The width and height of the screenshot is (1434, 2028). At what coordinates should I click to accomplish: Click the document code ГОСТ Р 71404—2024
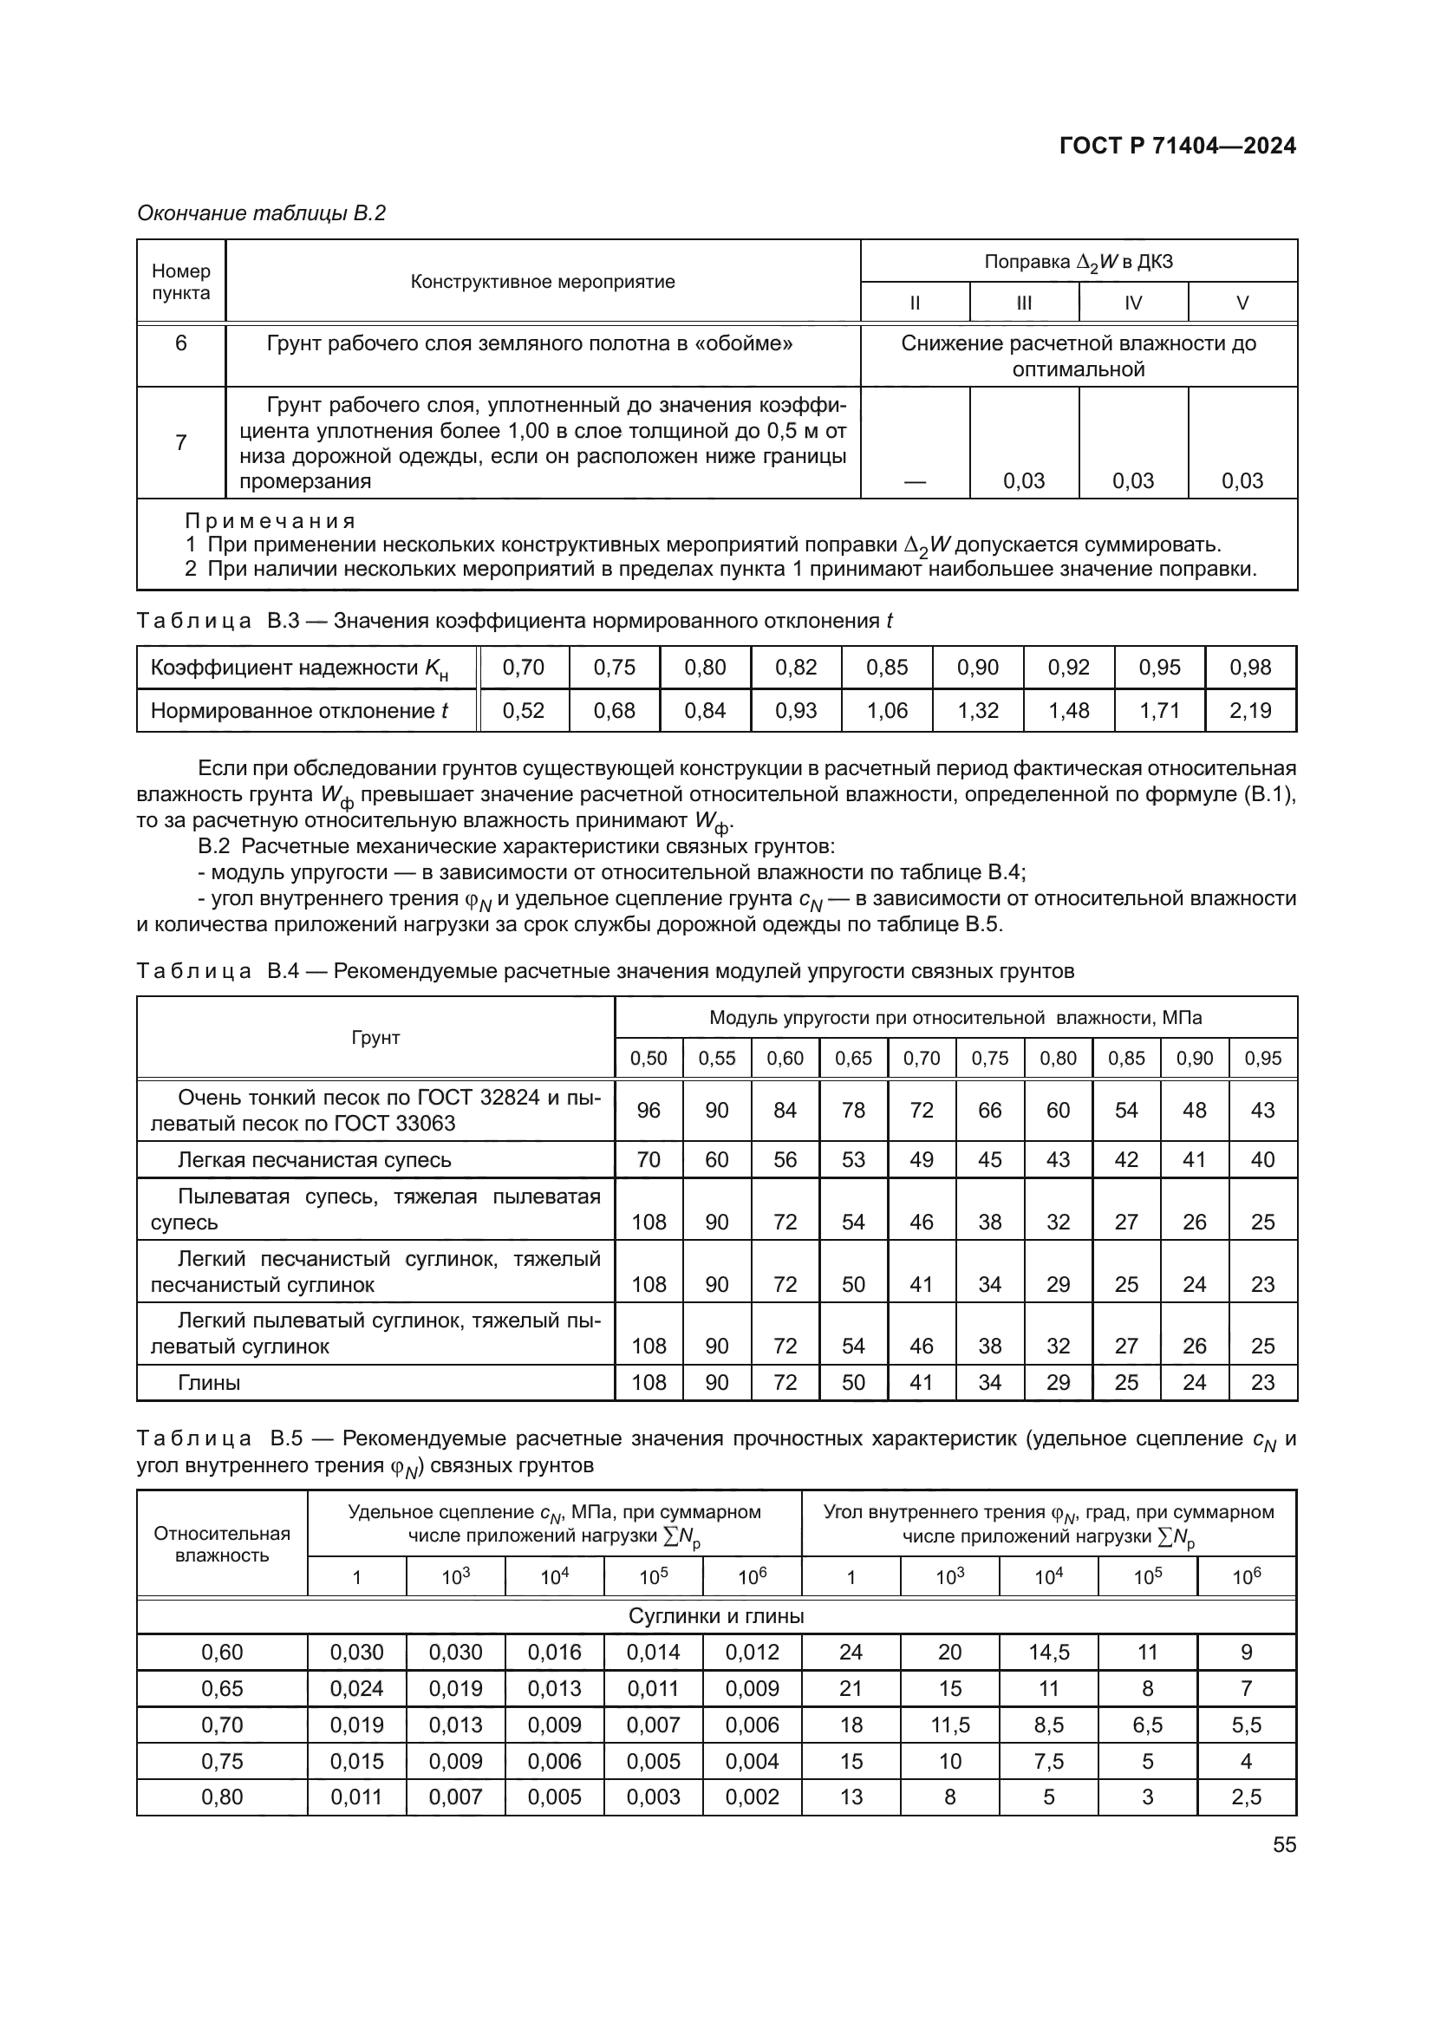click(x=1177, y=146)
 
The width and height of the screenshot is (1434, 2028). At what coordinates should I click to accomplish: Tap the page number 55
click(x=1284, y=1844)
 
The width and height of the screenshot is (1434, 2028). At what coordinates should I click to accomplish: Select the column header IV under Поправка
click(x=1133, y=303)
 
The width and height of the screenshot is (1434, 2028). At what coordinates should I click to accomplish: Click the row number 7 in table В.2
click(x=181, y=441)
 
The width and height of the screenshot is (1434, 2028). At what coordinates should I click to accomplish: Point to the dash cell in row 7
click(x=915, y=481)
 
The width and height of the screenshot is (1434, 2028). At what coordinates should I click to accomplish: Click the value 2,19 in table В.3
click(x=1250, y=710)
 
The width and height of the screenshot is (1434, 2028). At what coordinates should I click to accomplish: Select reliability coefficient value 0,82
click(x=796, y=667)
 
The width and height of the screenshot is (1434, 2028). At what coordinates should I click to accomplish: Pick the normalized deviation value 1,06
click(x=887, y=710)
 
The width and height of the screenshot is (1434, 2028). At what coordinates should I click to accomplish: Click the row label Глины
click(x=209, y=1382)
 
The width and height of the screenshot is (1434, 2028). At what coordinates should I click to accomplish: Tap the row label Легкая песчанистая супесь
click(x=315, y=1160)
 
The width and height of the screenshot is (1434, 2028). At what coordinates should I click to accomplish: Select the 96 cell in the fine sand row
click(x=649, y=1110)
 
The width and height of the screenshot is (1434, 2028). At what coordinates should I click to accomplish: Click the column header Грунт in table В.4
click(x=375, y=1037)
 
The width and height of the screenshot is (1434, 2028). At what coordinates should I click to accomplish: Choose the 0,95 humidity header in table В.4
click(x=1262, y=1058)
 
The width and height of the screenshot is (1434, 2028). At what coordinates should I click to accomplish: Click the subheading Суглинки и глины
click(x=716, y=1616)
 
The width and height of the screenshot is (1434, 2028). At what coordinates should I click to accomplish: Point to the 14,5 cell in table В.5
click(x=1048, y=1652)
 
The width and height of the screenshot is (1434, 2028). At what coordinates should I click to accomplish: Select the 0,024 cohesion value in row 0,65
click(x=356, y=1688)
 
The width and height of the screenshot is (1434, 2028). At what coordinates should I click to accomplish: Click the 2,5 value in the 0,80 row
click(x=1246, y=1797)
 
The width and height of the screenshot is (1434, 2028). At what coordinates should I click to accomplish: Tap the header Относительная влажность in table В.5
click(x=222, y=1544)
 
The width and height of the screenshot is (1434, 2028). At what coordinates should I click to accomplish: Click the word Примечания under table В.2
click(x=270, y=521)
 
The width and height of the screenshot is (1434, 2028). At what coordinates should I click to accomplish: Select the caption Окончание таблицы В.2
click(x=261, y=213)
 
